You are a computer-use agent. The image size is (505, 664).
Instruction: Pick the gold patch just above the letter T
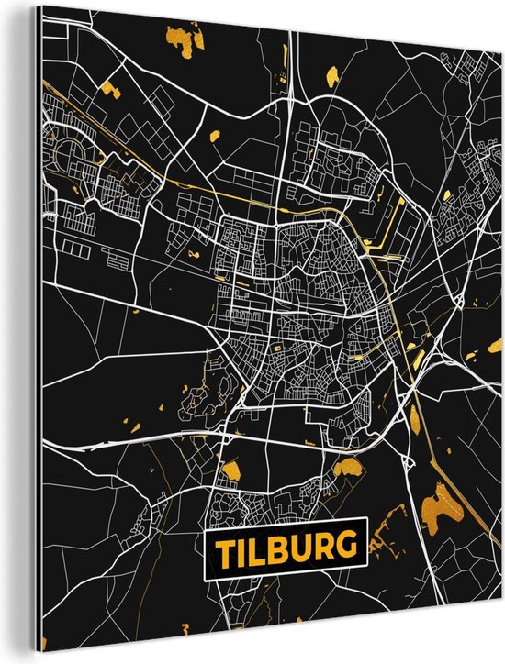point(230,471)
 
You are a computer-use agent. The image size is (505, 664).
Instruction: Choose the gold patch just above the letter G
point(348,470)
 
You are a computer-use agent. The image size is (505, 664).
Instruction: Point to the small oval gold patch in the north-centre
point(215,136)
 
